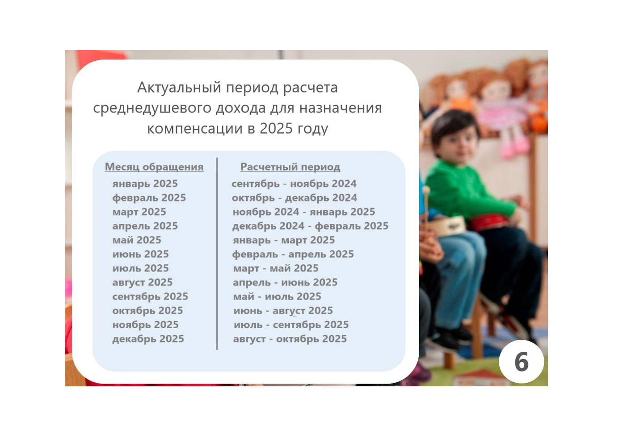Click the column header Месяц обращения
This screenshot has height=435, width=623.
click(x=154, y=167)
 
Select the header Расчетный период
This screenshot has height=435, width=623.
click(x=290, y=167)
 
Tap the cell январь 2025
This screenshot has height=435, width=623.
click(x=145, y=184)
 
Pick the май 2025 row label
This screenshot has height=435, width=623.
click(x=137, y=240)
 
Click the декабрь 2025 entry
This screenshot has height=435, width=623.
click(x=148, y=339)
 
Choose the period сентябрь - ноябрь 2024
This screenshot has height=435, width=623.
click(x=294, y=184)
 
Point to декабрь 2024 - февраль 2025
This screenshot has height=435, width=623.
click(x=310, y=226)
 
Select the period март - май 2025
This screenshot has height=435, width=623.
click(x=276, y=268)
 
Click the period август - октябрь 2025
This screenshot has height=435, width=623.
click(x=290, y=339)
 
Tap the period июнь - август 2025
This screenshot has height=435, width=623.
click(x=283, y=310)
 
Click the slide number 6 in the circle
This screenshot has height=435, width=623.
click(x=521, y=362)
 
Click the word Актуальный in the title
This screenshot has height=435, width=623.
click(x=179, y=88)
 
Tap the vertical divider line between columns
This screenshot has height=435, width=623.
click(x=217, y=254)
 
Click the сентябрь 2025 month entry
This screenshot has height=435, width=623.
click(x=150, y=297)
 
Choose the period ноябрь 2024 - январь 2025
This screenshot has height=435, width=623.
click(x=304, y=212)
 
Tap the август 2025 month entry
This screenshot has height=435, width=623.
click(x=143, y=282)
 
